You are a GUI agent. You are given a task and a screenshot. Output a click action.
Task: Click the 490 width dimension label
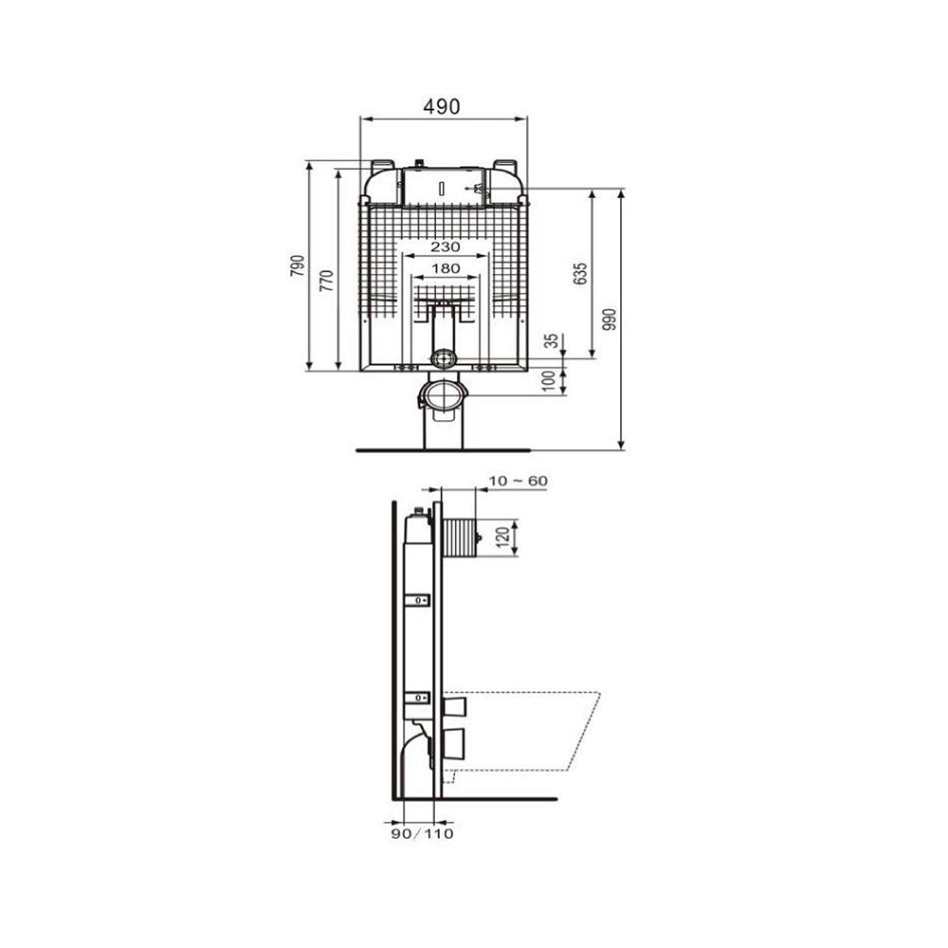[x=442, y=106]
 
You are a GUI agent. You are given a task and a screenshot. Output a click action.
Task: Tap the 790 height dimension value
[x=298, y=266]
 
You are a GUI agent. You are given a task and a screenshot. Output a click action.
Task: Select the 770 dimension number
[x=326, y=282]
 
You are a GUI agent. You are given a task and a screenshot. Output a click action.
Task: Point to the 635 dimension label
[x=580, y=274]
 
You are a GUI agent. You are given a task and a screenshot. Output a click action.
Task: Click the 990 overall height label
[x=610, y=319]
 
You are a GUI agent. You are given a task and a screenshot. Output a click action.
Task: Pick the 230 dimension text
[x=445, y=246]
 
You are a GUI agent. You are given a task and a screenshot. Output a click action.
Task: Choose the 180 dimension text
[x=446, y=268]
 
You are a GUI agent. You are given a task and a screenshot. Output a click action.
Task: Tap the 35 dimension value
[x=552, y=341]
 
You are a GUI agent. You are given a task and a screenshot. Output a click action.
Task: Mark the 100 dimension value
[x=549, y=381]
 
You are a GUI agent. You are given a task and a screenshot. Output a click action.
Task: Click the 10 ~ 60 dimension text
[x=519, y=482]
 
